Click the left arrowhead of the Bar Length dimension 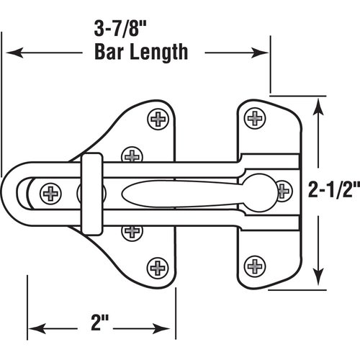coord(13,53)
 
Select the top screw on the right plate coord(255,117)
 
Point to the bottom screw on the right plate coord(255,266)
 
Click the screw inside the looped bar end coord(51,193)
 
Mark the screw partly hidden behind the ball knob coord(283,192)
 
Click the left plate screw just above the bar coord(132,155)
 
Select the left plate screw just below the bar coord(132,230)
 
